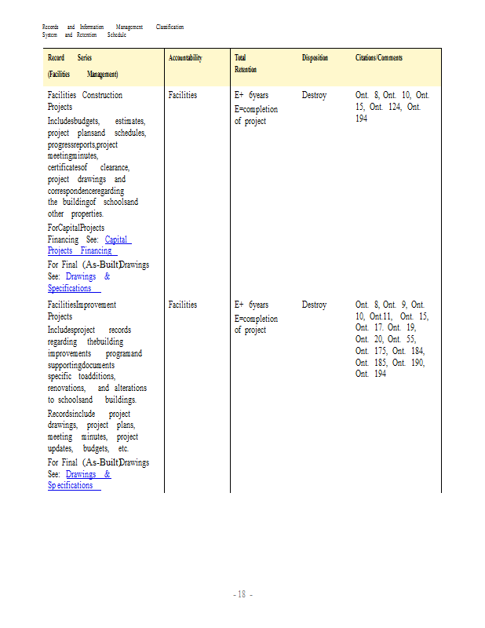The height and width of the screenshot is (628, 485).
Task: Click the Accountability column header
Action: coord(185,58)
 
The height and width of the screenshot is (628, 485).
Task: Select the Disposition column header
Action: coord(315,58)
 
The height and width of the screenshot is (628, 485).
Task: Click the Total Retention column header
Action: coord(246,64)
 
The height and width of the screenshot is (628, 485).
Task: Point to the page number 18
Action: coord(242,594)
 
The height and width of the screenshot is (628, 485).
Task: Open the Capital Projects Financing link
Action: coord(90,245)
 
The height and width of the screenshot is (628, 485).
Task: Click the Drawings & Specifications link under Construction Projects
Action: coord(78,283)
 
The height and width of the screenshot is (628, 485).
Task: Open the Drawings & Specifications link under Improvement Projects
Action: coord(78,480)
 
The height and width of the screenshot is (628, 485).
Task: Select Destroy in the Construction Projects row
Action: coord(314,95)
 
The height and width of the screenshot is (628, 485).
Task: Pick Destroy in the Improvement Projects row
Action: coord(314,305)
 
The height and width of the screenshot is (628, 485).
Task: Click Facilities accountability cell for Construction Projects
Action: coord(183,95)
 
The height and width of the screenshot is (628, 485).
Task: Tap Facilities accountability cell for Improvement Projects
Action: coord(183,305)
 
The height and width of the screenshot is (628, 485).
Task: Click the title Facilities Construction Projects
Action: coord(85,100)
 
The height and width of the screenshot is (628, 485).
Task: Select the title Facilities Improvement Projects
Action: coord(82,310)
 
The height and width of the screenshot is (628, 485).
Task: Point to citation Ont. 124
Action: coord(404,107)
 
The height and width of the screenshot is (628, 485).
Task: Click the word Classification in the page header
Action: coord(170,27)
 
